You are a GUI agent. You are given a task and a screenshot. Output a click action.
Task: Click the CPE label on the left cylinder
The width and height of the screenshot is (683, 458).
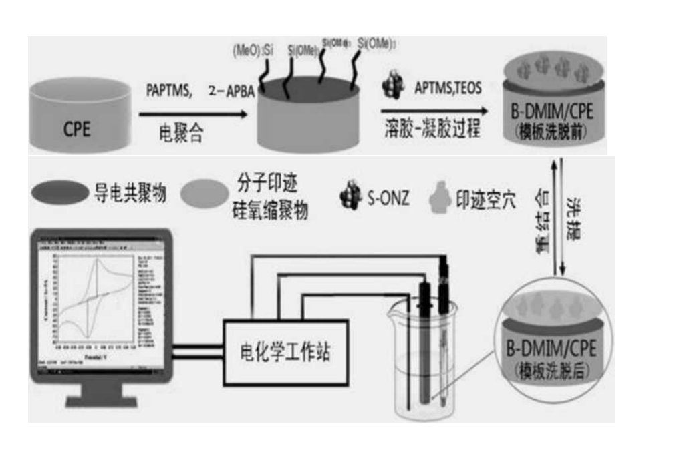77,128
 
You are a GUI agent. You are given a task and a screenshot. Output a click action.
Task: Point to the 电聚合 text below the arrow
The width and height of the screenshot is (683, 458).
181,132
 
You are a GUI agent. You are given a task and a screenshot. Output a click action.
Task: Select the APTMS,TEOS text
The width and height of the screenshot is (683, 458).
447,87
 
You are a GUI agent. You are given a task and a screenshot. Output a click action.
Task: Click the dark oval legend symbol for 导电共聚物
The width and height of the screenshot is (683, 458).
59,194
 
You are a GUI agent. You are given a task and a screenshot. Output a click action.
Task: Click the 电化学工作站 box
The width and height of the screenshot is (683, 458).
285,352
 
